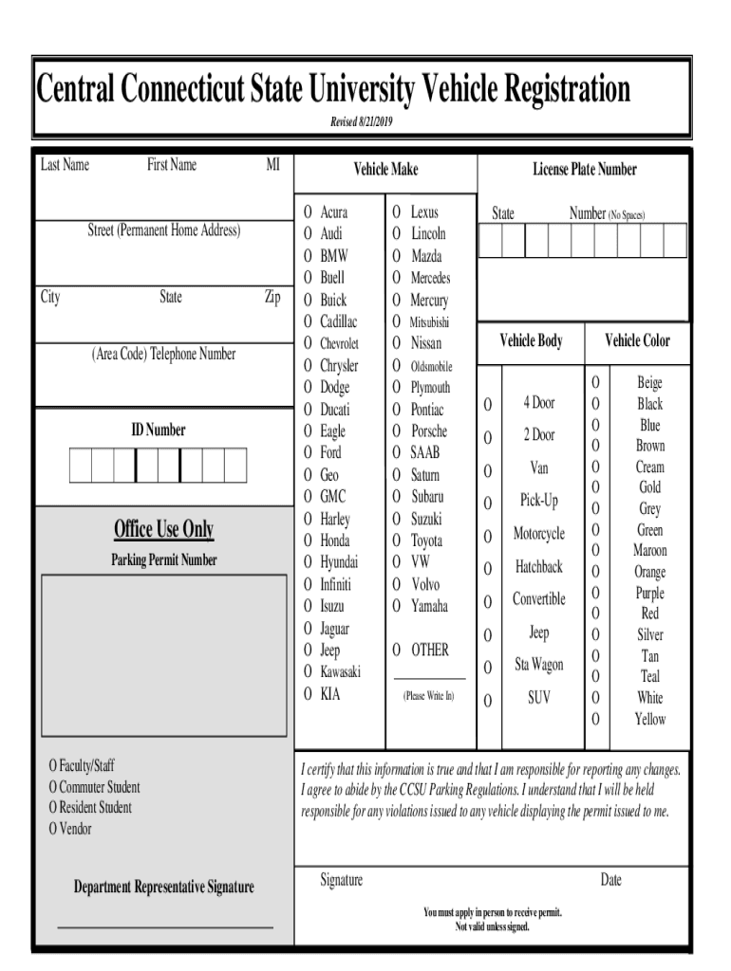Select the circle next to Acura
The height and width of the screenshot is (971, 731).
point(308,211)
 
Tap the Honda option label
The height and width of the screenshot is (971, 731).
point(334,540)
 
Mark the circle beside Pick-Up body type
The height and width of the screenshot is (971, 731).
point(488,503)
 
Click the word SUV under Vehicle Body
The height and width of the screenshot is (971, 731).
point(538,698)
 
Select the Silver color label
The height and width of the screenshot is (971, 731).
point(650,634)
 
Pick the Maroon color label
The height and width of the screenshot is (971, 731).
point(650,551)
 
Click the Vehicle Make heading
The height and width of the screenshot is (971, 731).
point(385,170)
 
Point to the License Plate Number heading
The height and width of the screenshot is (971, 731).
point(584,170)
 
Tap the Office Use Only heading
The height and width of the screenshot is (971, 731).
point(163,529)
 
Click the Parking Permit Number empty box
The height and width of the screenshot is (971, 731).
point(163,655)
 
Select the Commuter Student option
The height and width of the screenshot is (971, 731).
point(94,787)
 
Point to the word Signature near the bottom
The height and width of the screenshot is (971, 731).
point(341,881)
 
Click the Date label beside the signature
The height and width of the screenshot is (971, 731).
point(610,881)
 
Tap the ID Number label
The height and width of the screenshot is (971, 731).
point(159,431)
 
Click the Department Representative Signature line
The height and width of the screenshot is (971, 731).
point(165,925)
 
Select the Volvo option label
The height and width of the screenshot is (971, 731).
point(425,584)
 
